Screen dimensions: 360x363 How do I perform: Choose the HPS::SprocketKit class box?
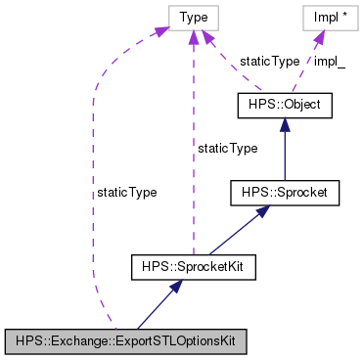(194, 266)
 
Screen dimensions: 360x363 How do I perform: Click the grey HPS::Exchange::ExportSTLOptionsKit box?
(124, 341)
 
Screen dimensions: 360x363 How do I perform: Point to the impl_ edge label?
(330, 61)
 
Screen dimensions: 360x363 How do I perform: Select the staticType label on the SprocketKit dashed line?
(226, 148)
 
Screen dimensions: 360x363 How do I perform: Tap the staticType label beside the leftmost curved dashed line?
(126, 193)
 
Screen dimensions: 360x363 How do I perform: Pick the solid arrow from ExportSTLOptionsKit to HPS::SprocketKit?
(157, 306)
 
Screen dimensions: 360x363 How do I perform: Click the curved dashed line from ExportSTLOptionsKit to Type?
(94, 196)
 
